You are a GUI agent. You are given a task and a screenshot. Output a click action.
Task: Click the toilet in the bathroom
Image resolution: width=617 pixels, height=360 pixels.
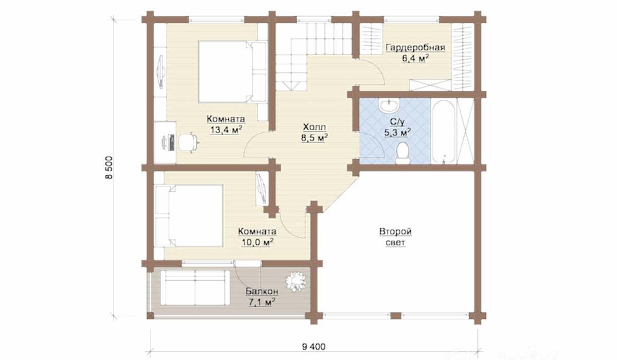(402, 153)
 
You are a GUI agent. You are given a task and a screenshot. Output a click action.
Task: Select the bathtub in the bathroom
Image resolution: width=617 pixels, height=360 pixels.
(443, 132)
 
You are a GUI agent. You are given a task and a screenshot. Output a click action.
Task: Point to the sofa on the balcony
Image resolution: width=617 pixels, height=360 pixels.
(195, 287)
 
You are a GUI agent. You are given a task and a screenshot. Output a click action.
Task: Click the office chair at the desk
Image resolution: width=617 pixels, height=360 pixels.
(188, 142)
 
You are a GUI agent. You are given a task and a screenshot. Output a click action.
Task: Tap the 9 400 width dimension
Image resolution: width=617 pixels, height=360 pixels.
(314, 347)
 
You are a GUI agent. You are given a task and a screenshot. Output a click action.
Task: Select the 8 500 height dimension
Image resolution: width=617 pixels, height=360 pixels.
(109, 168)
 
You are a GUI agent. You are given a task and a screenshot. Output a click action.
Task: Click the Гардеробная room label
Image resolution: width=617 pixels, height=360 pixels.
(415, 48)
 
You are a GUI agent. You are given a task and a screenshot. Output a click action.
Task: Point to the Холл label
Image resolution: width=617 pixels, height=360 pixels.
(315, 127)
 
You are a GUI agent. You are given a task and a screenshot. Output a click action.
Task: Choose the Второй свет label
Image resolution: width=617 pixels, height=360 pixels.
(395, 237)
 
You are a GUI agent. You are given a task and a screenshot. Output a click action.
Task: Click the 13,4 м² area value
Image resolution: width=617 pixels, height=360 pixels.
(226, 130)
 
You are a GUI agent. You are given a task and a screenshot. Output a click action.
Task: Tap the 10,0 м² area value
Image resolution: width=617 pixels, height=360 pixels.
(258, 242)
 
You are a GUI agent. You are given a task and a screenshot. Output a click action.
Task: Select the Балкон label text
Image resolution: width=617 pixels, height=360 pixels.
(262, 291)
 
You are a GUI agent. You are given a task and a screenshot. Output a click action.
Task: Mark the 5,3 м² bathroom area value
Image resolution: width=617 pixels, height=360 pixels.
(397, 133)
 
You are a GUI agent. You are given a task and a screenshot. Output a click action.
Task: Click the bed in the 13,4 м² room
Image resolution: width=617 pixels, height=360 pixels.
(233, 72)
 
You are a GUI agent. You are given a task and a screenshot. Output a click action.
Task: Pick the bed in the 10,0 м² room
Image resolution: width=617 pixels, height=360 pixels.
(189, 215)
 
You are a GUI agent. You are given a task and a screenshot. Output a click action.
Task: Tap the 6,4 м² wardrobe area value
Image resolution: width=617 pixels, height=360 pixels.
(415, 59)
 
